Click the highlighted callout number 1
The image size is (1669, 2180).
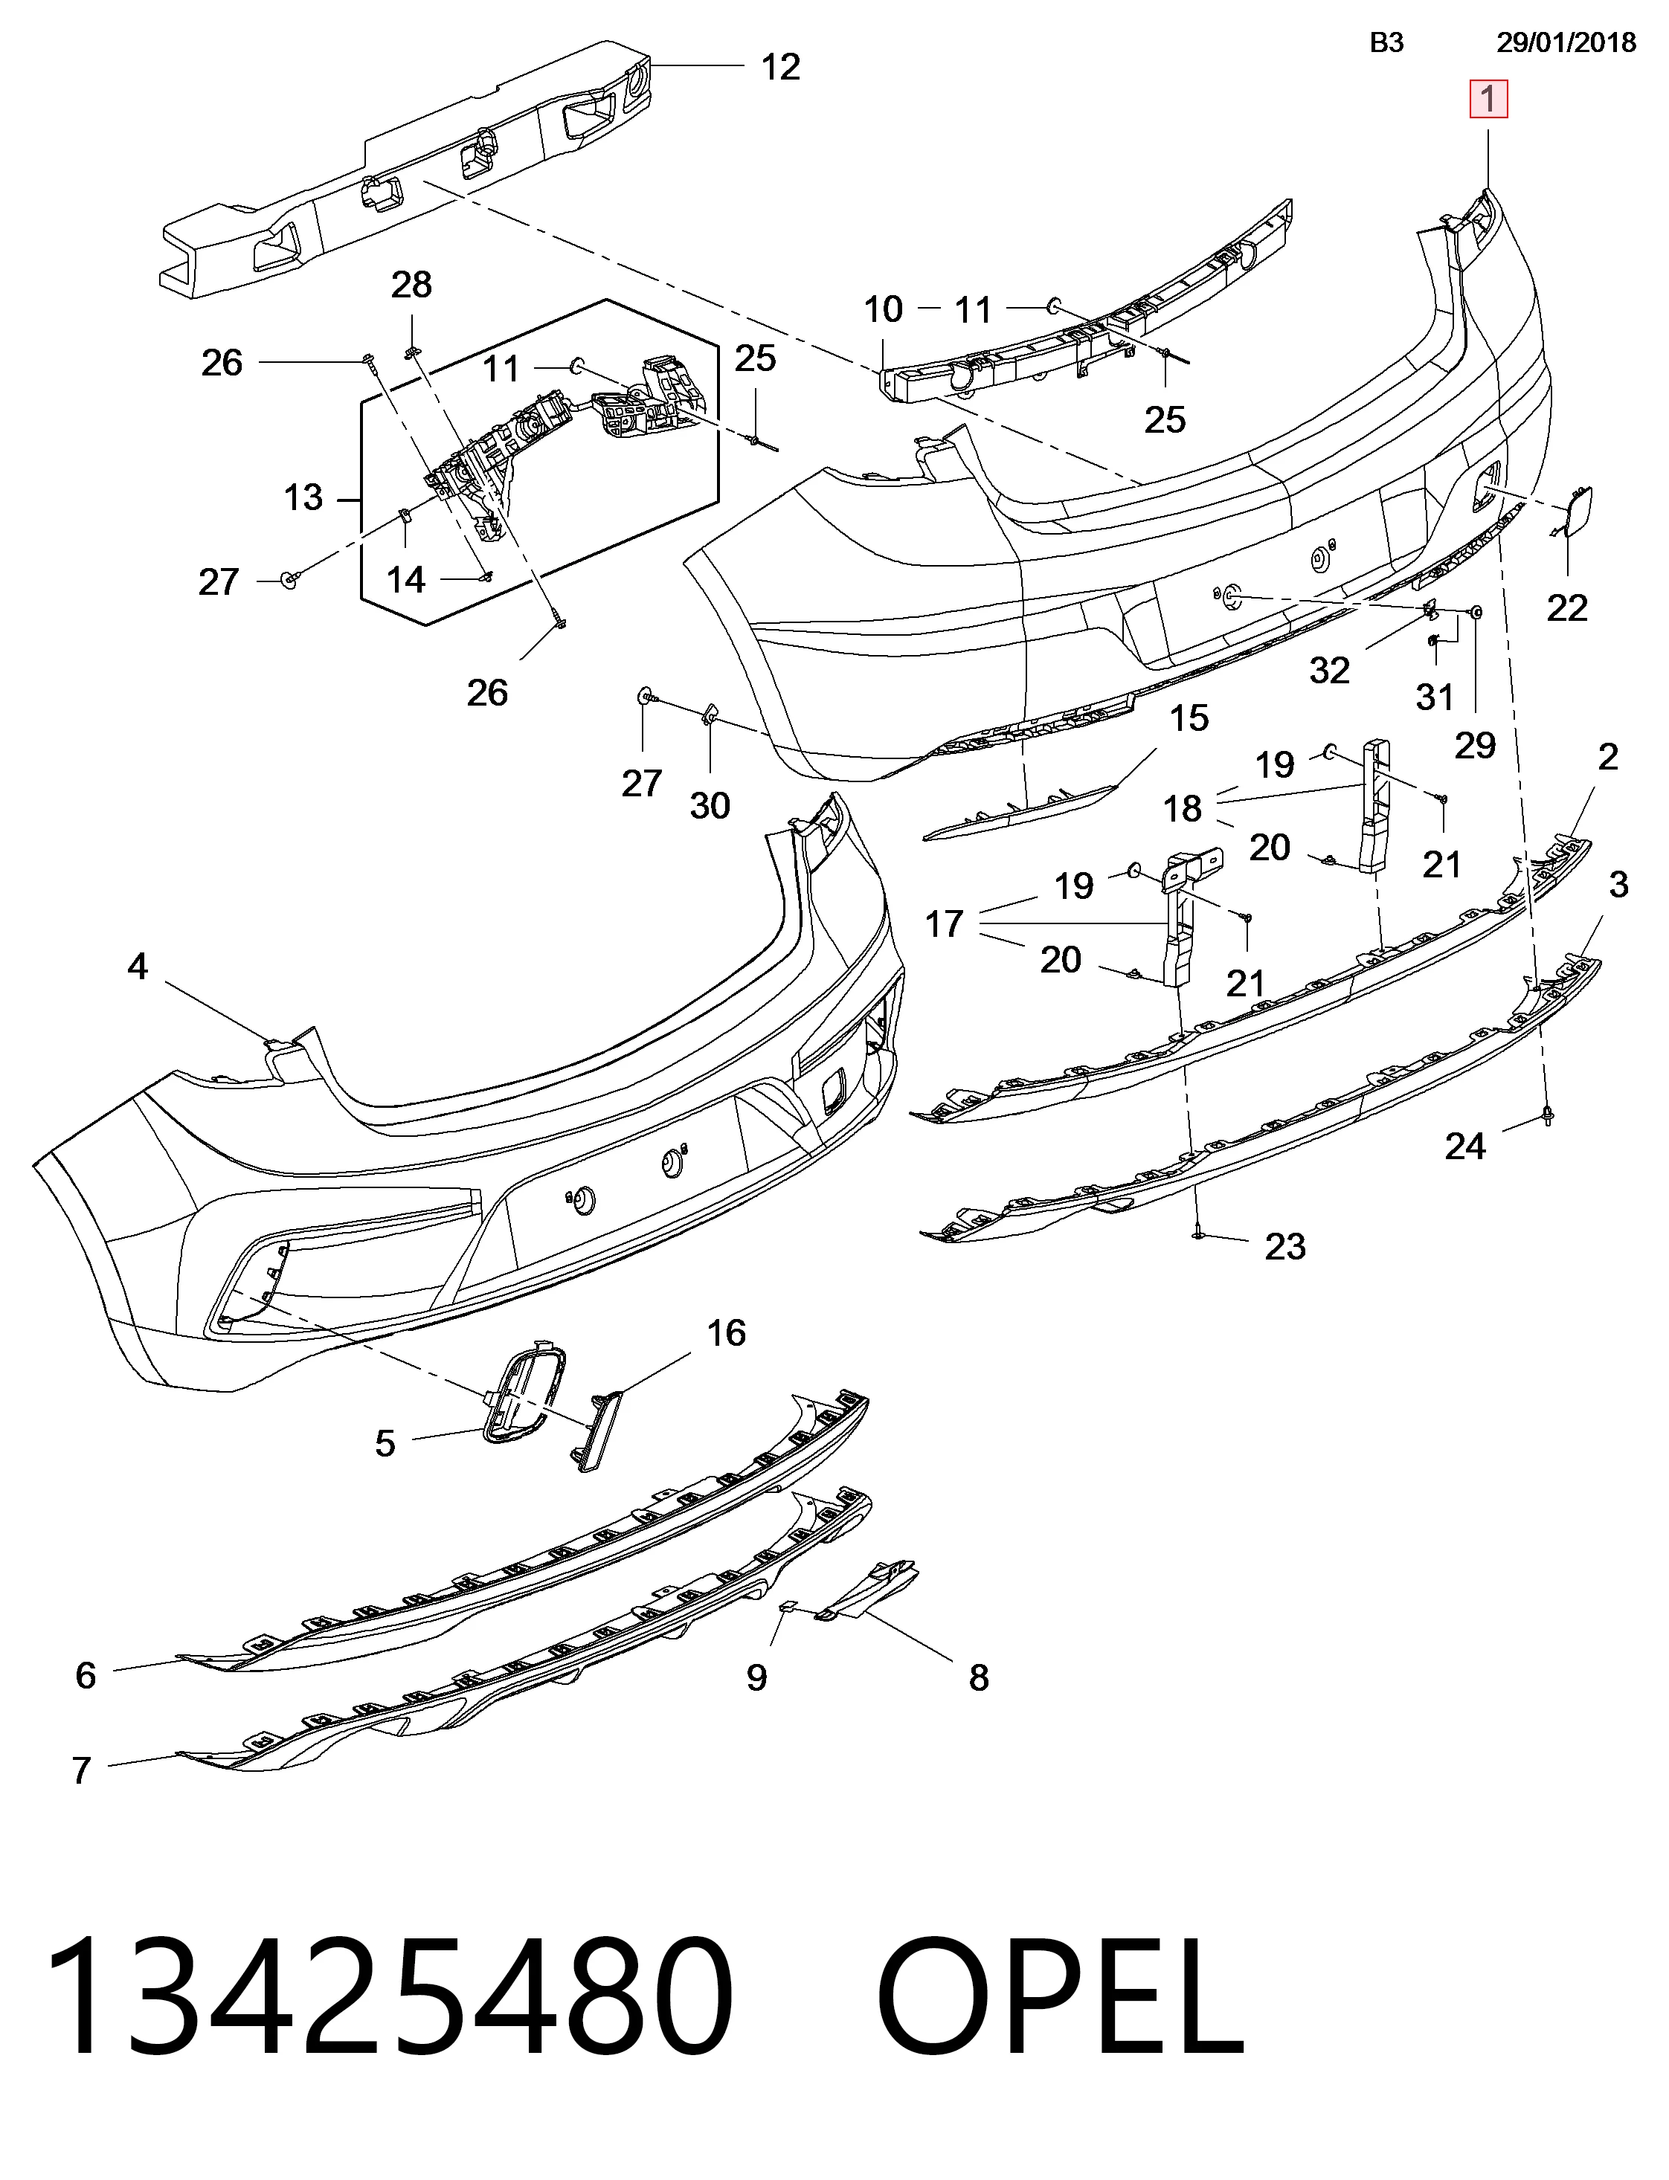[1488, 100]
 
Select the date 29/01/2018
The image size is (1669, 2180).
[1566, 42]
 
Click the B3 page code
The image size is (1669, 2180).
[1387, 42]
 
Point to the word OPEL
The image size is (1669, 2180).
[1061, 1999]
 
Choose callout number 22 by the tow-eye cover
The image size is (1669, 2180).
[1566, 607]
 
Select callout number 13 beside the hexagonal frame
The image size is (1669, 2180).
[303, 497]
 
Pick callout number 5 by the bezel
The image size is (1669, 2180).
[385, 1443]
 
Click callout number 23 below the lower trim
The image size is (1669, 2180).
[1284, 1246]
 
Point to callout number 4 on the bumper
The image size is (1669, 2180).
[138, 967]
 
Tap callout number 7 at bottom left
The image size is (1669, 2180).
[82, 1770]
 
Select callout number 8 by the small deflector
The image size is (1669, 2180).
[980, 1677]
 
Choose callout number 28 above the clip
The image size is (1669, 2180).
[411, 285]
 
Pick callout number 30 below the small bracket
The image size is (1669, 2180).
[710, 805]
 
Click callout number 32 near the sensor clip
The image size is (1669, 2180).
[1329, 671]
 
